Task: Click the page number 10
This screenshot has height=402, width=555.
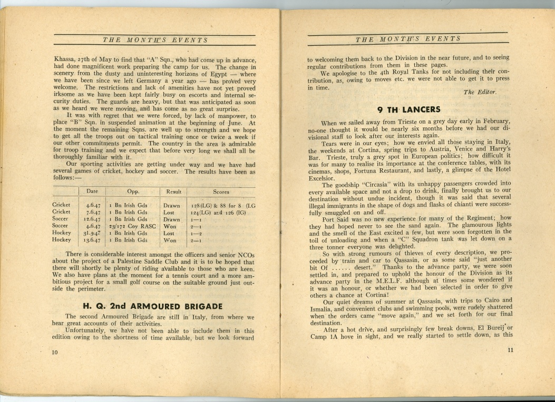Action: (x=55, y=353)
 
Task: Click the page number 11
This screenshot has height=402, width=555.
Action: (x=510, y=351)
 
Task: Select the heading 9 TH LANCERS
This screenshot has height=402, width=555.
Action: (x=409, y=110)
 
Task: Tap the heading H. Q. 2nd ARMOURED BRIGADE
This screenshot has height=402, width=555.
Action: (x=153, y=306)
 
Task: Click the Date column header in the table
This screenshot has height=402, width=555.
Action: (x=92, y=192)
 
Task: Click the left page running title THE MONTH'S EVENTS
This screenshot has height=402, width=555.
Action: (x=155, y=40)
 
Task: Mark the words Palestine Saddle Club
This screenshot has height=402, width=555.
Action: (x=177, y=262)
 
